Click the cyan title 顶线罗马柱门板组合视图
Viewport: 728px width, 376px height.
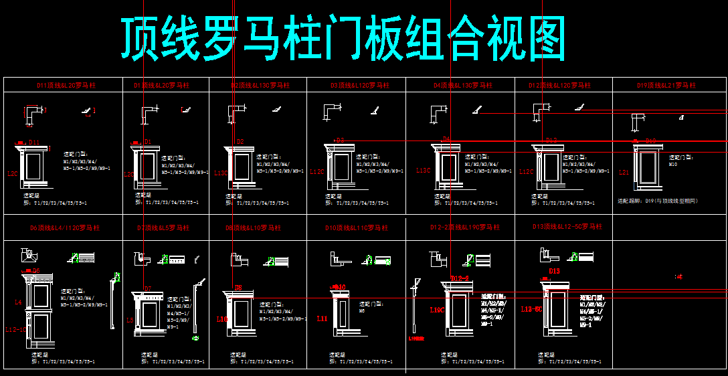tap(343, 39)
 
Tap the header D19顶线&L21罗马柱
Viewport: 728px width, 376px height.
tap(666, 86)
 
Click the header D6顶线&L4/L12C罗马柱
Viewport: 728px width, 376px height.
tap(64, 227)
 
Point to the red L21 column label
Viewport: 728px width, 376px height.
tap(624, 172)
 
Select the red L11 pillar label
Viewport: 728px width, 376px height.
tap(322, 318)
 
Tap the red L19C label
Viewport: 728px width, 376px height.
tap(437, 310)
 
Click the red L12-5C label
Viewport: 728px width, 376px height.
tap(532, 309)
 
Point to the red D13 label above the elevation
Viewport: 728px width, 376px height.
tap(554, 271)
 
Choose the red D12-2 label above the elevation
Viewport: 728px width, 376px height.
tap(459, 278)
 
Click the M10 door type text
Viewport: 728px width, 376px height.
tap(672, 164)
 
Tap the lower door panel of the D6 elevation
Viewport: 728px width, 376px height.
tap(39, 328)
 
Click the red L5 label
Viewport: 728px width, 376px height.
tap(129, 320)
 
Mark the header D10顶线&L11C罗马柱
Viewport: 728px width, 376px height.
tap(357, 228)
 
